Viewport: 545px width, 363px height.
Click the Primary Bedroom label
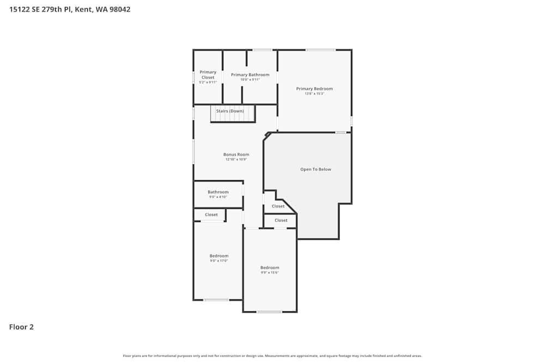tap(314, 89)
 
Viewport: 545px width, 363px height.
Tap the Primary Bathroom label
tap(250, 75)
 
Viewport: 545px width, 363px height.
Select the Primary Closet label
tap(208, 75)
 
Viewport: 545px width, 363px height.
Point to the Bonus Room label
tap(236, 155)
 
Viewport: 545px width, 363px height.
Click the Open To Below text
tap(316, 169)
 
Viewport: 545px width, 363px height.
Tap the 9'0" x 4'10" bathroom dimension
tap(218, 197)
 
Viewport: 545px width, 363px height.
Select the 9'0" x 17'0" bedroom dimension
tap(219, 261)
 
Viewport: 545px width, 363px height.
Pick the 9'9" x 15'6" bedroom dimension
tap(270, 273)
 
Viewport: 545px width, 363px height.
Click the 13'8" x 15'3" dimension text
tap(314, 94)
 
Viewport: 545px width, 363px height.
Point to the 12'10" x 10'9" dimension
tap(236, 159)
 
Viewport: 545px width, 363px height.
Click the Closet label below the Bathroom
tap(211, 215)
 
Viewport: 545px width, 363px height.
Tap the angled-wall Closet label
tap(278, 206)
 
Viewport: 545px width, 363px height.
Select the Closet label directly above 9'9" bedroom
tap(281, 220)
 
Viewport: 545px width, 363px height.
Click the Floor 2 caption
tap(21, 327)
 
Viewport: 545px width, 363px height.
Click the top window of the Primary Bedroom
tap(320, 50)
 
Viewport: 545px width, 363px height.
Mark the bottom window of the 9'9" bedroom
tap(269, 312)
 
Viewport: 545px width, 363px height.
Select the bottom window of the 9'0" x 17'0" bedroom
tap(216, 300)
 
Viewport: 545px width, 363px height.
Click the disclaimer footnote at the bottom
tap(272, 356)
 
